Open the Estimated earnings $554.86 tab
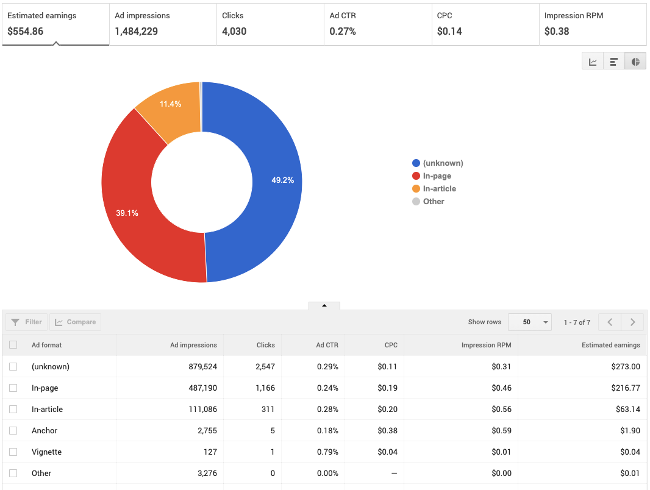point(55,24)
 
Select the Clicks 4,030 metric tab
point(270,24)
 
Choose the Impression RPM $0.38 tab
point(592,24)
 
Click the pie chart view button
point(635,62)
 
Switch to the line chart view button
point(593,62)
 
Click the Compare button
point(76,322)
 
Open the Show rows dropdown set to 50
point(529,322)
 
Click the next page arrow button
point(633,322)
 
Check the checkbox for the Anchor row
point(13,431)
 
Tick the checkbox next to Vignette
point(13,452)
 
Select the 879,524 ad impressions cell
point(198,367)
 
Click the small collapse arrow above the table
point(324,305)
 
